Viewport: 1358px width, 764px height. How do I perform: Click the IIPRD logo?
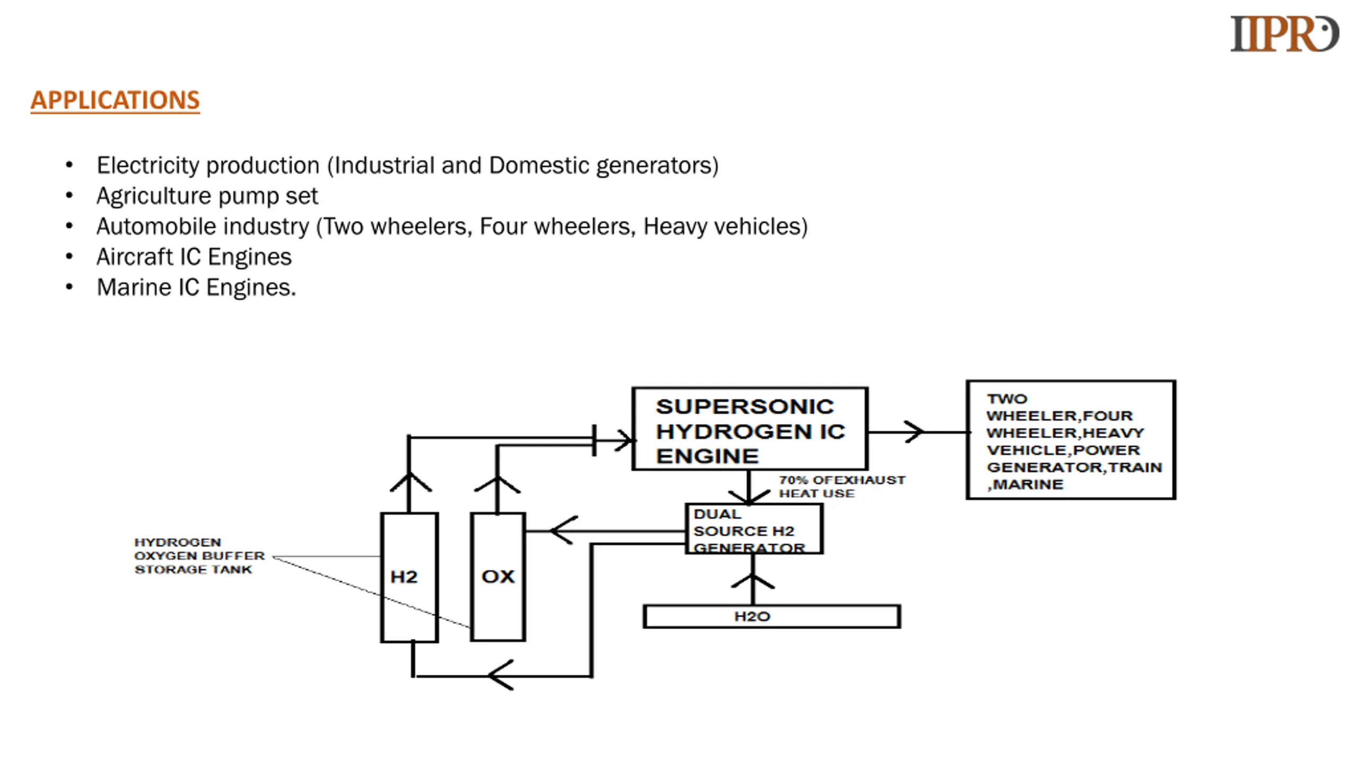1284,33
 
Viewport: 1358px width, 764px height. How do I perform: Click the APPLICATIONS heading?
115,100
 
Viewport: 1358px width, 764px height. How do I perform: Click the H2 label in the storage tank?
404,577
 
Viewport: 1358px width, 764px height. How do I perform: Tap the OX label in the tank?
498,577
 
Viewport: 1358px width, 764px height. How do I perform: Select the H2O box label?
752,617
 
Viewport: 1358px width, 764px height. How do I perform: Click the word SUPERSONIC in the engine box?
745,407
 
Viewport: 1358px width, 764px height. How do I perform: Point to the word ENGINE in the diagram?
707,456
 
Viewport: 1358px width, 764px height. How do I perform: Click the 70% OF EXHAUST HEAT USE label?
842,487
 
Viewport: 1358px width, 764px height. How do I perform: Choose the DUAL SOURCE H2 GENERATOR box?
754,529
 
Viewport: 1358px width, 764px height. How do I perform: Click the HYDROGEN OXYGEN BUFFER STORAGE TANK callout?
199,556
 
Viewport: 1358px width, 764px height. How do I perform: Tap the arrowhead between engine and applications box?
913,432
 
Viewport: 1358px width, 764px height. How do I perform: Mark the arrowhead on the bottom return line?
501,675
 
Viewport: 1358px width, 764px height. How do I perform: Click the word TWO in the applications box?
1007,399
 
